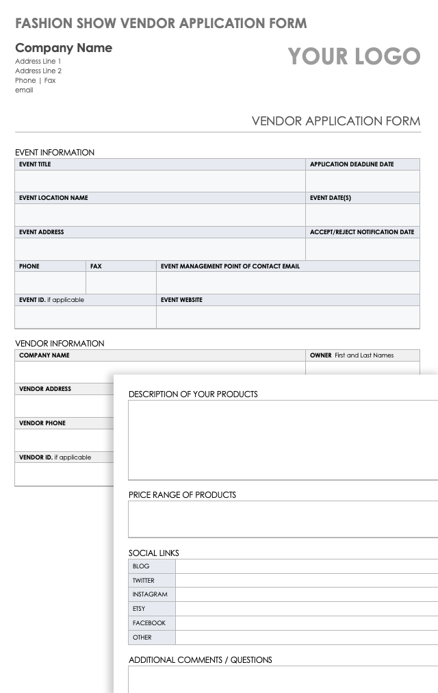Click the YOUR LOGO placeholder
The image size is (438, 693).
coord(354,56)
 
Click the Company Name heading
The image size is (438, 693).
coord(64,48)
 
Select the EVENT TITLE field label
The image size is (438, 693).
coord(35,164)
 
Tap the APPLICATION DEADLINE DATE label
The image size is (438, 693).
coord(352,164)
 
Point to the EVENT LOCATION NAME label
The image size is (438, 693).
coord(53,198)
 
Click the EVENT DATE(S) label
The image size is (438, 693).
coord(331,198)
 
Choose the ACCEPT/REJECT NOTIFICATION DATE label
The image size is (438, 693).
coord(362,232)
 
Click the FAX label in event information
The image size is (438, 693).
coord(96,266)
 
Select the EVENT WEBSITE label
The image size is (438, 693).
coord(181,300)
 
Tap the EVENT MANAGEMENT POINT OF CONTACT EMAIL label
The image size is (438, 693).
coord(230,266)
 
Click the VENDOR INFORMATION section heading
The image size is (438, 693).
coord(60,344)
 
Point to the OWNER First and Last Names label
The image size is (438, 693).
coord(352,355)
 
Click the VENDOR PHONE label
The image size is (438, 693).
coord(42,423)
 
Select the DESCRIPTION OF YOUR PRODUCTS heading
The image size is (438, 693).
coord(193,394)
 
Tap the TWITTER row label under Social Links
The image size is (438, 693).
coord(144,581)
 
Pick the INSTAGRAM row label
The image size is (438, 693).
coord(150,595)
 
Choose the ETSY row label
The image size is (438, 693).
coord(139,609)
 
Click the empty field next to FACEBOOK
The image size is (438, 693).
coord(306,623)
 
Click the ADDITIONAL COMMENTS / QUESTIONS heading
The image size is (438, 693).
coord(201,660)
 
